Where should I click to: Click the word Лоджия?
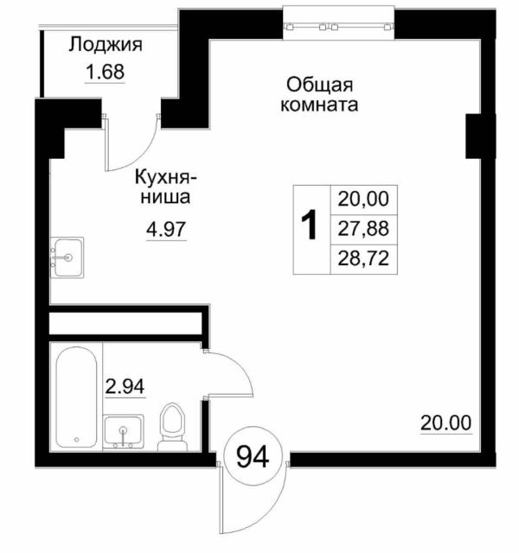(106, 46)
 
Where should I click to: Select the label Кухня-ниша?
(166, 188)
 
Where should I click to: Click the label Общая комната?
(318, 95)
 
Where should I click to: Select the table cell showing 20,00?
(363, 200)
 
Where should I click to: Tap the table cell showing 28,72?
(363, 257)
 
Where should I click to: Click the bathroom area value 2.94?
(125, 386)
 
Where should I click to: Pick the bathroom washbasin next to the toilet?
(126, 430)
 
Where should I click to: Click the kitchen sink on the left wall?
(66, 257)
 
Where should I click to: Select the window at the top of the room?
(339, 24)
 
